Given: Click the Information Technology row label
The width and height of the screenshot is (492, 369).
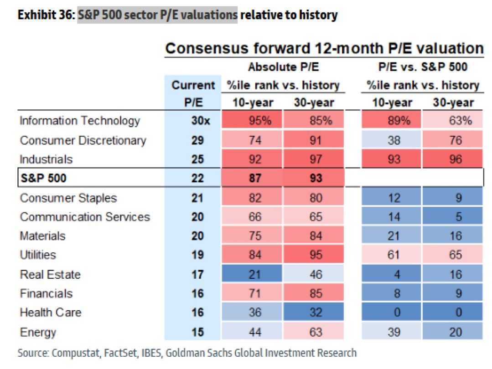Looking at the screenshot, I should coord(79,121).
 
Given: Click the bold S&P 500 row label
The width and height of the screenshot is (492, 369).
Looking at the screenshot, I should coord(43,178).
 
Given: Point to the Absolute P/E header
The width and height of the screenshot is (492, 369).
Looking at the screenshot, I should coord(283,67).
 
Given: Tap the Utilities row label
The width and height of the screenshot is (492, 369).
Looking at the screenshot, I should coord(38,255).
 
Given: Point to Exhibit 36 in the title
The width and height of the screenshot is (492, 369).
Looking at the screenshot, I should coord(43,15).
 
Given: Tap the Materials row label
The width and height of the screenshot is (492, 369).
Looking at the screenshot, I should coord(42,236).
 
